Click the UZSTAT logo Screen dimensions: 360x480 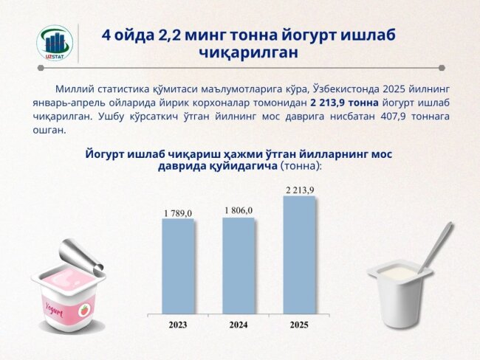55,43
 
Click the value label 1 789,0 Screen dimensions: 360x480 178,213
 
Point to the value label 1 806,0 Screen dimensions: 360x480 239,211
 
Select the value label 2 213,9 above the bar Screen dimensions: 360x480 300,190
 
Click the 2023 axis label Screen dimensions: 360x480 178,325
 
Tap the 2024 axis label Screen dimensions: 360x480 239,325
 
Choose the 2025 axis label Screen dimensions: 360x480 299,325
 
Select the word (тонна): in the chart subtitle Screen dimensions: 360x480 301,167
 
